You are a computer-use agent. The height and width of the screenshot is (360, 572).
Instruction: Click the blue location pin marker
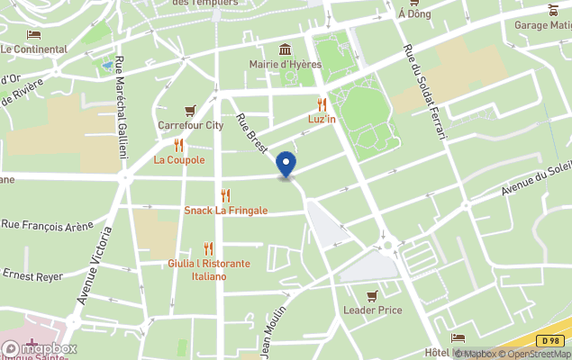(286, 165)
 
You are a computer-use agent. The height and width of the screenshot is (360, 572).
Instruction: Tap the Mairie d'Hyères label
(286, 65)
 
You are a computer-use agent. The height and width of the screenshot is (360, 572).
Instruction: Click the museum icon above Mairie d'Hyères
(286, 49)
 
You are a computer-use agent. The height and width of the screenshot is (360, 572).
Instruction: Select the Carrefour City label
(190, 126)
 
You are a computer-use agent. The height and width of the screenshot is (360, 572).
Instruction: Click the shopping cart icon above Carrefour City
(190, 111)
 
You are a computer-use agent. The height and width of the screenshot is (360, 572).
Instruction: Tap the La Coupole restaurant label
(179, 160)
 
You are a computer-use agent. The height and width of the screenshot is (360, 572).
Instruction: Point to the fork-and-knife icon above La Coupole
(178, 145)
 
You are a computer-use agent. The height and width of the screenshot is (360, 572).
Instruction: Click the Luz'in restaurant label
(322, 119)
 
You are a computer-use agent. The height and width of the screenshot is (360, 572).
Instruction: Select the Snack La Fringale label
(225, 211)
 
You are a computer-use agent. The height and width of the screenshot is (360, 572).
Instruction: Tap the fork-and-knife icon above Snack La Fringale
(225, 195)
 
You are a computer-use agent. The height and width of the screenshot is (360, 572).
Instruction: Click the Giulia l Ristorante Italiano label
(208, 269)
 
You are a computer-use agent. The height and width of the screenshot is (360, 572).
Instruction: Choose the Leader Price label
(372, 310)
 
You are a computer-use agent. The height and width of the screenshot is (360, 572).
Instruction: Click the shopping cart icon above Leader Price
(372, 295)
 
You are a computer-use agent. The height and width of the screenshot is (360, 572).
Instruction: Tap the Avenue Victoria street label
(94, 265)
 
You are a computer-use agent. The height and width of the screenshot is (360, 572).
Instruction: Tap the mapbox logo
(40, 348)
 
